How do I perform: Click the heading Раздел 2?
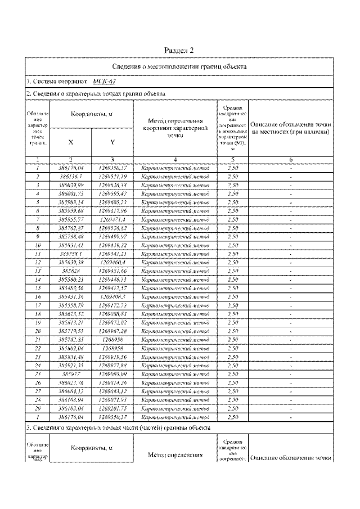pos(180,50)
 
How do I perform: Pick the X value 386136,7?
pos(70,176)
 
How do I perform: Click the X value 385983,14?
pos(70,201)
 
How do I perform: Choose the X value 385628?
pos(70,271)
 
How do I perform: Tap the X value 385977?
pos(70,373)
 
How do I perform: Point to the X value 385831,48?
pos(70,356)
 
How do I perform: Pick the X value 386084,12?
pos(70,390)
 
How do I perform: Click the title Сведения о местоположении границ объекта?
pos(180,66)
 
